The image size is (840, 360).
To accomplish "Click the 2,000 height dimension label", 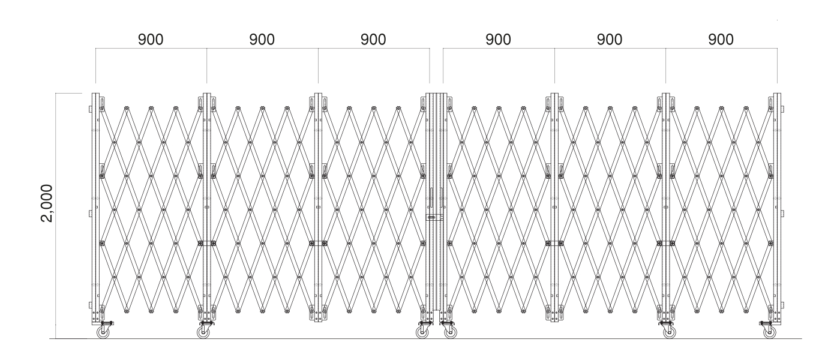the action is point(47,203).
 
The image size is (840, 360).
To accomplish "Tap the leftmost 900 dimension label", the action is point(151,40).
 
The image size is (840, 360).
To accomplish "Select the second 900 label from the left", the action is point(262,40).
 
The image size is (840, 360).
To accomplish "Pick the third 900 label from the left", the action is point(373,40).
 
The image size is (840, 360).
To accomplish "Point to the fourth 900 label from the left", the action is point(499,40).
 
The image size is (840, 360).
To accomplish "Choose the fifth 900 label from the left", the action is point(610,40).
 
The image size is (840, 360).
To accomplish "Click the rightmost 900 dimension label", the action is point(721,40).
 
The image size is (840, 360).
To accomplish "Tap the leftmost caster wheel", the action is point(103,332).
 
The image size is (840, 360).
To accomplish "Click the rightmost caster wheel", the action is point(770,332).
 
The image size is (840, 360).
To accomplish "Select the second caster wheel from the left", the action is point(203,332).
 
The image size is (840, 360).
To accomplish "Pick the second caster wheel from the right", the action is point(670,332).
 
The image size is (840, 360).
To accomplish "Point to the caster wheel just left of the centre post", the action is point(422,332).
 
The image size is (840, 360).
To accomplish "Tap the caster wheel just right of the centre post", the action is point(451,332).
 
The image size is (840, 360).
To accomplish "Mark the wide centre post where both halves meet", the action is point(436,203).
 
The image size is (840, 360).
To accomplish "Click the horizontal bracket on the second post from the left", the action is point(207,244).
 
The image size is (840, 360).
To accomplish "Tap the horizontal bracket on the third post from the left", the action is point(319,244).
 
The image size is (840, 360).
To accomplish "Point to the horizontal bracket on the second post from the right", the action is point(666,244).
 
